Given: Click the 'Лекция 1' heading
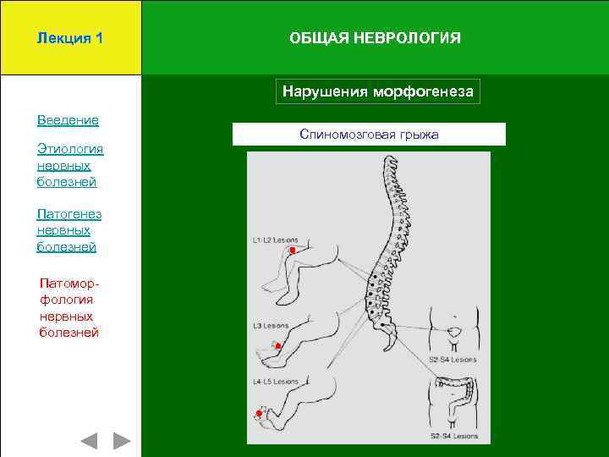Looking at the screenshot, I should point(70,38).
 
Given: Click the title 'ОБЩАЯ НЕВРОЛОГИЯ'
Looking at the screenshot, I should point(375,38).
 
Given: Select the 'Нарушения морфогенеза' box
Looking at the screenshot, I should point(377,91).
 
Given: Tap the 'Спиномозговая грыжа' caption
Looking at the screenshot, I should point(369,135).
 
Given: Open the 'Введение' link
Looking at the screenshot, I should point(68,120).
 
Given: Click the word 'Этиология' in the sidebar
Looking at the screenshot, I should point(70,150).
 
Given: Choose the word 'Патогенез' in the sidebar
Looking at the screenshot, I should point(69,214).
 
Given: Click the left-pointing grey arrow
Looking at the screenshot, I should point(89,441).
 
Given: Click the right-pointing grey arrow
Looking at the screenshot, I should point(123,441).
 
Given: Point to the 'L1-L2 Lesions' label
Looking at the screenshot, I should point(275,240).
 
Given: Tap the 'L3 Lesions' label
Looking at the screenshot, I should point(271,326).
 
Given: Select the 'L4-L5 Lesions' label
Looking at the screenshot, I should point(275,382).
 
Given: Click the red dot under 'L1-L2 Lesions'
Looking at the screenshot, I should point(292,251).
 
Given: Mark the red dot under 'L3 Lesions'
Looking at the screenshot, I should point(277,346).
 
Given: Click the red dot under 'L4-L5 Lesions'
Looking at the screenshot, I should point(259,413).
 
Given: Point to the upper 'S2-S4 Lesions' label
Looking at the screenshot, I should point(453,359).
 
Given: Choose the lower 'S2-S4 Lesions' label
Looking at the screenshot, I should point(454,437).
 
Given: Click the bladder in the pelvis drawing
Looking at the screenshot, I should point(454,331).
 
